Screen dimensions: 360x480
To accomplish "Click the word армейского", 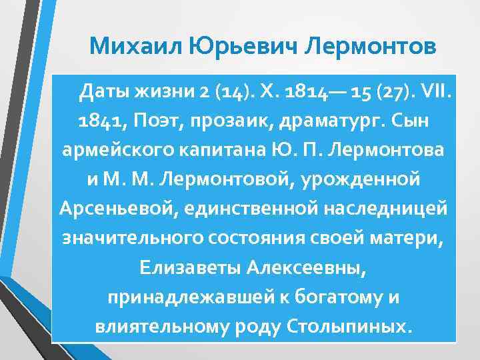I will (115, 150).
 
